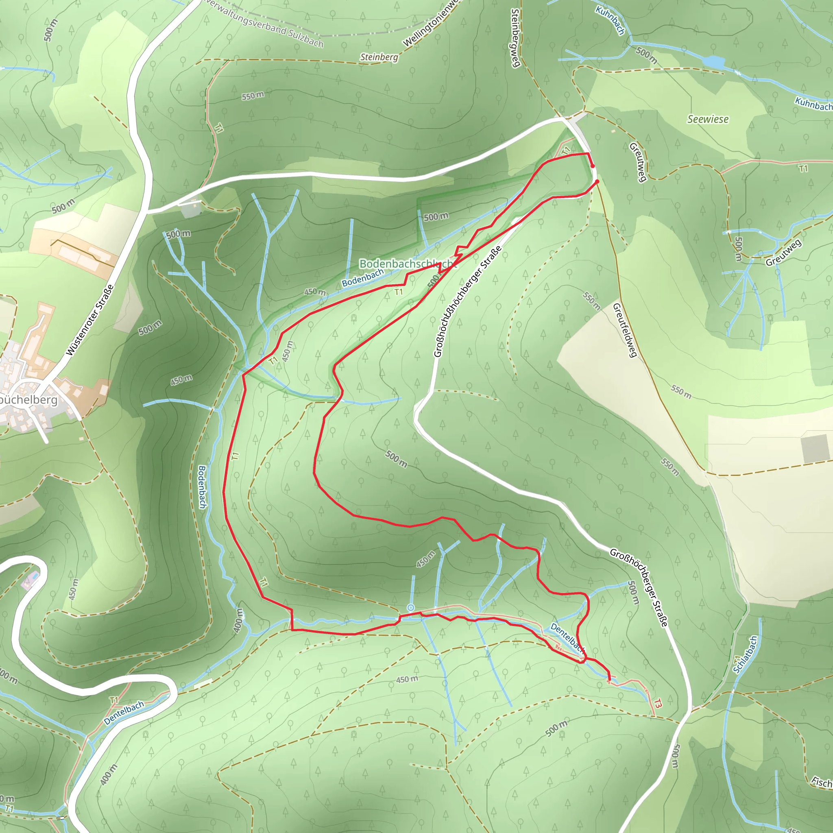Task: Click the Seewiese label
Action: coord(708,120)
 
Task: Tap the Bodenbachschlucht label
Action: coord(407,264)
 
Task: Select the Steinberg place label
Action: coord(379,57)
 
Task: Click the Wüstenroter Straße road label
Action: coord(90,320)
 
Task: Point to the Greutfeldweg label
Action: coord(625,330)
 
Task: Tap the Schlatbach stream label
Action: coord(745,654)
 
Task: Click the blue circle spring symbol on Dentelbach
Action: coord(411,608)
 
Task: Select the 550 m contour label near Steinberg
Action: coord(253,96)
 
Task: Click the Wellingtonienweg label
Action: coord(432,24)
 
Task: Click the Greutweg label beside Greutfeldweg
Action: coord(638,162)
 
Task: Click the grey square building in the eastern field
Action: coord(815,449)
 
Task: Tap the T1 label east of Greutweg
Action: coord(803,168)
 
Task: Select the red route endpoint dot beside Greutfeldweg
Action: coord(597,182)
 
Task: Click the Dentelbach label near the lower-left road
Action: coord(124,713)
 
